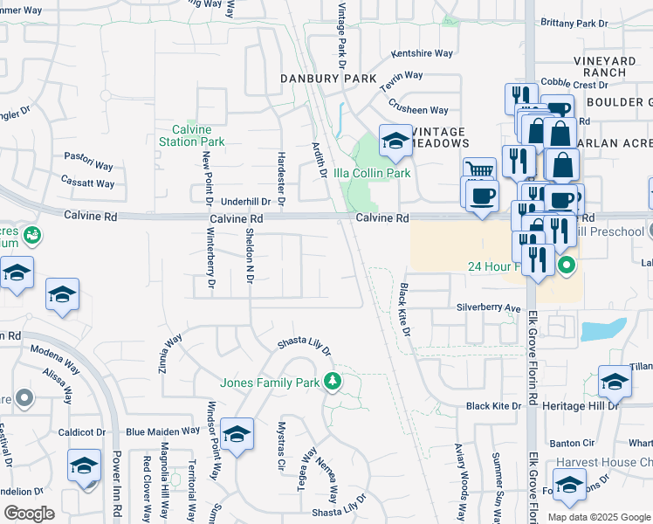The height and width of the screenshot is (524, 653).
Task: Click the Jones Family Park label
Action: click(270, 383)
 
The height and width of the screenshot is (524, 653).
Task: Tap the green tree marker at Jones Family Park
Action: click(332, 381)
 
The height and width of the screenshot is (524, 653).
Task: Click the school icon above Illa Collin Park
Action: click(395, 141)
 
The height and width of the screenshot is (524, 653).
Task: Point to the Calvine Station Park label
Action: click(192, 135)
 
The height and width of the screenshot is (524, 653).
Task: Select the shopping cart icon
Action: click(478, 171)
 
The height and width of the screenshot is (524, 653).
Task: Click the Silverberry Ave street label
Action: click(488, 308)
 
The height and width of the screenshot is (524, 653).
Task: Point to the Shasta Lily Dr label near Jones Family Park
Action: click(305, 347)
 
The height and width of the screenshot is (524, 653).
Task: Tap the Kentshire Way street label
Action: click(423, 53)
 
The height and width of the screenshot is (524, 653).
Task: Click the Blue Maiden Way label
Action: click(163, 431)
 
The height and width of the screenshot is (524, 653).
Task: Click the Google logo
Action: click(30, 514)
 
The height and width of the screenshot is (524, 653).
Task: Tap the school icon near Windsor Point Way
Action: click(237, 434)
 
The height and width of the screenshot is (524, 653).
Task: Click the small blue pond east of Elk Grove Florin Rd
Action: click(602, 330)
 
